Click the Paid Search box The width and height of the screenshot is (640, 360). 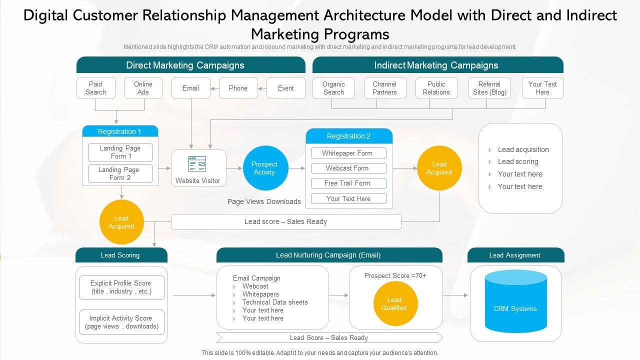[x=95, y=88]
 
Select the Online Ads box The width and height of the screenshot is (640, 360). [x=143, y=88]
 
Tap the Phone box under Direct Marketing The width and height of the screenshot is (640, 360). [x=238, y=88]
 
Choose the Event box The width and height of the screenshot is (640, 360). [x=285, y=88]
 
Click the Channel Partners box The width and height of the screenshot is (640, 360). [x=384, y=88]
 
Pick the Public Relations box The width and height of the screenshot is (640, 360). [x=436, y=88]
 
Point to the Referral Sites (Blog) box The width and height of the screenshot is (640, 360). [x=489, y=88]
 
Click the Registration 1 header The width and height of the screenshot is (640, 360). [x=120, y=131]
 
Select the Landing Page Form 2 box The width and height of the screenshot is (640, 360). [x=120, y=173]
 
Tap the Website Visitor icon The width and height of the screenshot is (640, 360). [x=197, y=163]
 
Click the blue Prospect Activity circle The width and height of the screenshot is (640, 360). [x=265, y=168]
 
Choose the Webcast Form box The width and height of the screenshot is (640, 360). [x=348, y=168]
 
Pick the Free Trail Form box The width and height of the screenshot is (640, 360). [x=348, y=183]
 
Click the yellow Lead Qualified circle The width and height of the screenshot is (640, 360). [x=395, y=303]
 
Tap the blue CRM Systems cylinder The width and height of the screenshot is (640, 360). [x=515, y=308]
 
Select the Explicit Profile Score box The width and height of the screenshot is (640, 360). [x=121, y=287]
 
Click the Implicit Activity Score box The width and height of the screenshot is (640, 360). [x=121, y=322]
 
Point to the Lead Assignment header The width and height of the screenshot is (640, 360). [x=515, y=255]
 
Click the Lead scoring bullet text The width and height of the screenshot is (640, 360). [x=518, y=161]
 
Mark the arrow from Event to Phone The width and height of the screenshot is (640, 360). [x=262, y=88]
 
